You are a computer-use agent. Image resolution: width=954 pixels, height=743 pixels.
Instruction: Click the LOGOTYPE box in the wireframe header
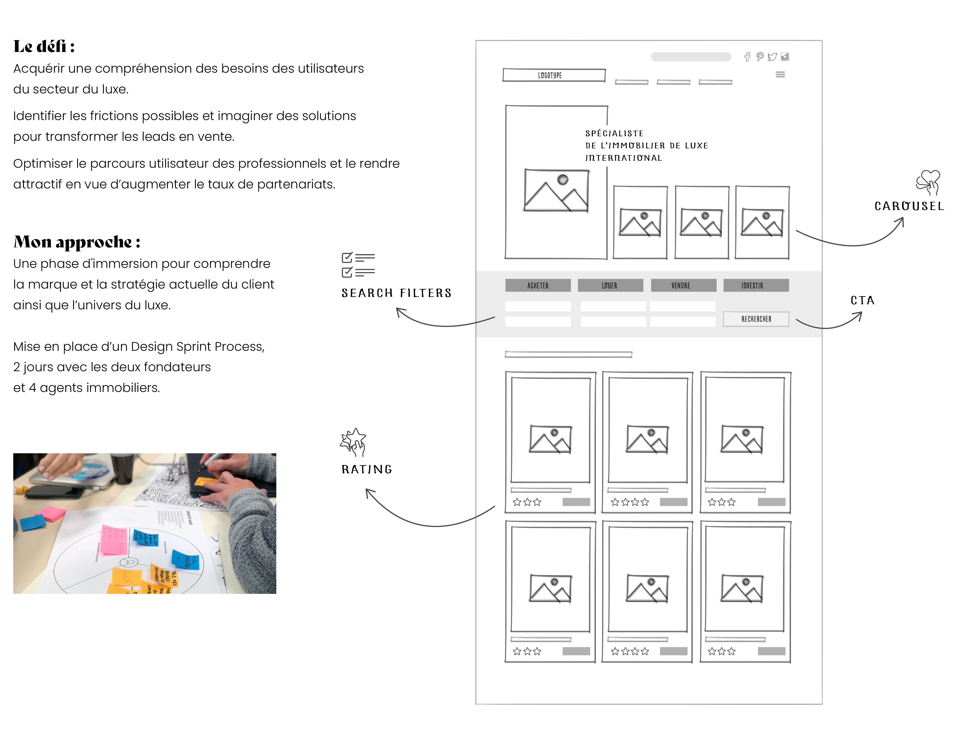553,75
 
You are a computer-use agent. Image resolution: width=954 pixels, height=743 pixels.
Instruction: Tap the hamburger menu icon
780,75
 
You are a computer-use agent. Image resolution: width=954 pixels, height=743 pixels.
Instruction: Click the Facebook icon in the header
747,57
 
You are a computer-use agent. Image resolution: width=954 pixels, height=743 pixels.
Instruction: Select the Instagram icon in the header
785,57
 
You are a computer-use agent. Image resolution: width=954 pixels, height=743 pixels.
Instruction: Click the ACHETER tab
538,285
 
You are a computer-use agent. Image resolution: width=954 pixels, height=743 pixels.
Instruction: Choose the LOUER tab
610,285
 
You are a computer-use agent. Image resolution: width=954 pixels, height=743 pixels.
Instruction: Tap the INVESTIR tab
756,285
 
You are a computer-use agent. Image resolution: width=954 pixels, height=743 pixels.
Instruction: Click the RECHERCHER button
756,319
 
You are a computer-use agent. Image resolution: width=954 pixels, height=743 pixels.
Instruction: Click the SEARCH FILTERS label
396,293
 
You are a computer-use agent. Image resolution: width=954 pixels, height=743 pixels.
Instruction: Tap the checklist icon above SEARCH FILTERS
358,265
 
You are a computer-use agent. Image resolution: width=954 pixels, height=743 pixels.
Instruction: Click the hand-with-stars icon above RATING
354,441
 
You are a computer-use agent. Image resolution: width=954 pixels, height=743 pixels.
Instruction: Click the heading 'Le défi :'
44,46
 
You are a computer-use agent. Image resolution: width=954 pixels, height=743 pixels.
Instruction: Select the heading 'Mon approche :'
77,242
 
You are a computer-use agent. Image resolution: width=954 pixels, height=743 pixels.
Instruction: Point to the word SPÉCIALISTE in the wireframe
614,133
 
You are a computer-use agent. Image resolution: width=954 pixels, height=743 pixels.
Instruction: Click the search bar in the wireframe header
691,57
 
